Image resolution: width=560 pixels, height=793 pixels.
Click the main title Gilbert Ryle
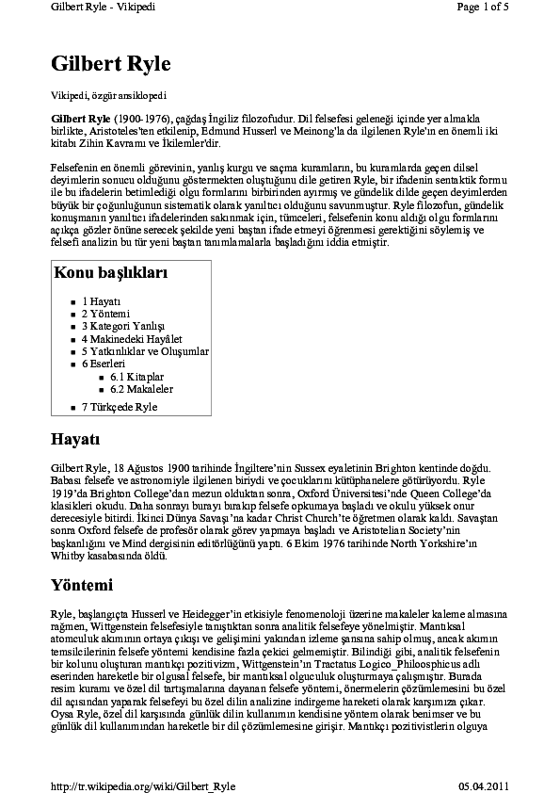click(x=110, y=64)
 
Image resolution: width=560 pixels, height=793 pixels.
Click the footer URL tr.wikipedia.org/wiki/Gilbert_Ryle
click(x=142, y=785)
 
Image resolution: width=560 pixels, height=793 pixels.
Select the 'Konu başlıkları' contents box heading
click(x=111, y=274)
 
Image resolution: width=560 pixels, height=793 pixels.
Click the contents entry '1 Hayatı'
click(x=101, y=301)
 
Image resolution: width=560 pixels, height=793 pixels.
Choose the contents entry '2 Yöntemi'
click(x=105, y=314)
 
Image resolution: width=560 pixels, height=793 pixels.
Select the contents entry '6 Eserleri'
click(x=104, y=363)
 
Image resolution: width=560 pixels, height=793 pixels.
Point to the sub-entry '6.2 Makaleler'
click(x=141, y=388)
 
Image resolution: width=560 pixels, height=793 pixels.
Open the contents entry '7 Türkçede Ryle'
click(x=120, y=407)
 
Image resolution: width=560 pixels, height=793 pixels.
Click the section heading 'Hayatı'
click(x=75, y=439)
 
